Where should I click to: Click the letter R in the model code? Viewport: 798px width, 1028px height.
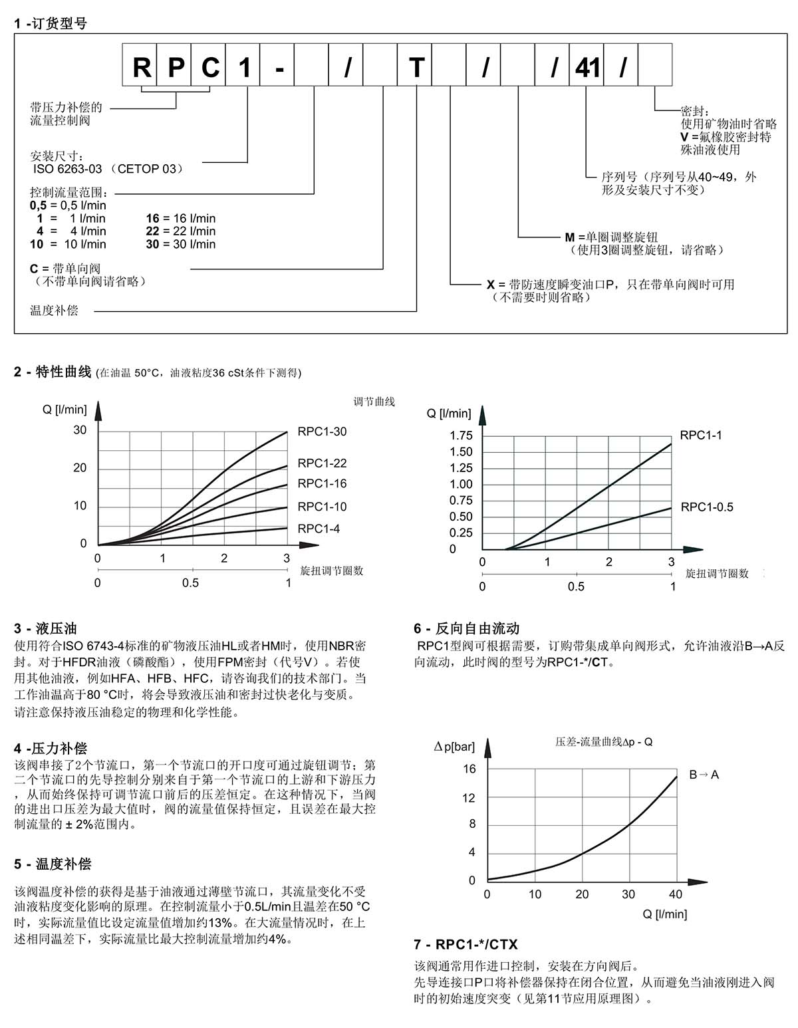(141, 67)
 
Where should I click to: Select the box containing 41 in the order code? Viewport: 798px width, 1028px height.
(587, 67)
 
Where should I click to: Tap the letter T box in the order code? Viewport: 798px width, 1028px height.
(416, 67)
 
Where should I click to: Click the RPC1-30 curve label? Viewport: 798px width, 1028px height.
(322, 432)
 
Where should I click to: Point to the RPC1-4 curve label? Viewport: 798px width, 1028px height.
(319, 529)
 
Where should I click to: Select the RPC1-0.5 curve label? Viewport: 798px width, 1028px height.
(707, 507)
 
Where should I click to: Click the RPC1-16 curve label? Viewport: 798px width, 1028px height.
(322, 483)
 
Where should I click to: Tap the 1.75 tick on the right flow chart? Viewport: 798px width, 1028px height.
(461, 436)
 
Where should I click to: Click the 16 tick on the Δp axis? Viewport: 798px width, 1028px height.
(469, 769)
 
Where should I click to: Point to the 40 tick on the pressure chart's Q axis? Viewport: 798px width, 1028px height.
(676, 894)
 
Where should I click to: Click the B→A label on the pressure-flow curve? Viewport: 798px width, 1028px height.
(704, 775)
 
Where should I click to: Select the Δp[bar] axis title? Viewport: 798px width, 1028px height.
(454, 747)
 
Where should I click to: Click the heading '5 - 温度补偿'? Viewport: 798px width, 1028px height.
(53, 864)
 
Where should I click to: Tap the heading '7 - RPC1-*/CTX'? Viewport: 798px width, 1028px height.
(465, 945)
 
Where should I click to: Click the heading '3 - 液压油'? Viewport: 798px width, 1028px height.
(45, 628)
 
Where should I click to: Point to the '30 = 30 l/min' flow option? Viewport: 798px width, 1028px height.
(181, 244)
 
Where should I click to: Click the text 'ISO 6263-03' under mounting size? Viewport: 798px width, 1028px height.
(68, 169)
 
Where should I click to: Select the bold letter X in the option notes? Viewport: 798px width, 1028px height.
(491, 285)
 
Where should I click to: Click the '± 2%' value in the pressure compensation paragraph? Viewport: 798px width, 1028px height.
(76, 825)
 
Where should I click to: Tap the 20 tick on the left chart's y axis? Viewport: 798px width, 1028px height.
(80, 468)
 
